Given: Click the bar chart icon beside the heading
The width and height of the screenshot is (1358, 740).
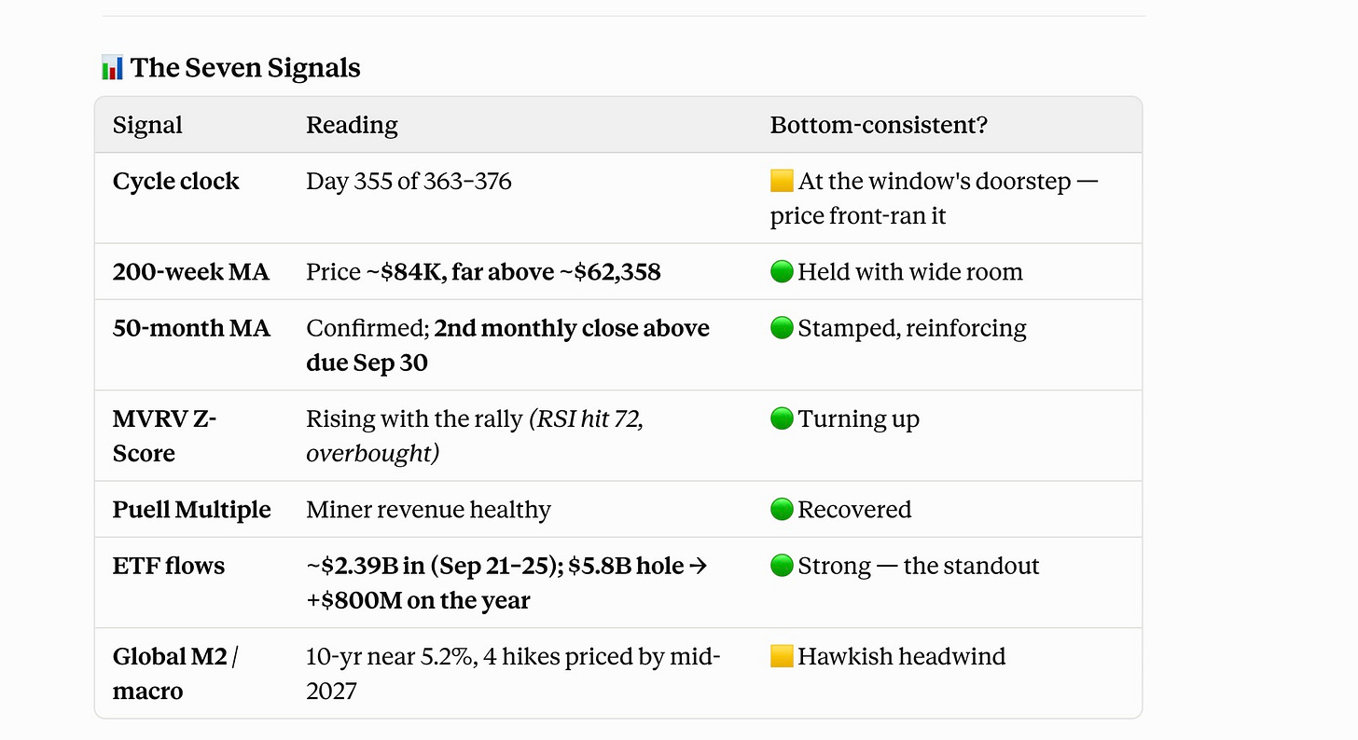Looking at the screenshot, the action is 112,67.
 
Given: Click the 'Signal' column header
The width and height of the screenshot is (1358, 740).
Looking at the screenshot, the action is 147,125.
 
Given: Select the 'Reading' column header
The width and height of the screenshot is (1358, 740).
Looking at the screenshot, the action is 352,125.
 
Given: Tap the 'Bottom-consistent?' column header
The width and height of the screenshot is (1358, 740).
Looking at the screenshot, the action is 879,125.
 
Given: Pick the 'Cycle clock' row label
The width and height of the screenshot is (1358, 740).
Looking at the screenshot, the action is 175,181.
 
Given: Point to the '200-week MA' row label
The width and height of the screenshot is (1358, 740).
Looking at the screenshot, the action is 191,272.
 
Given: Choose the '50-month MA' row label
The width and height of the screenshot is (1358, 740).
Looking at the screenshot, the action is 191,328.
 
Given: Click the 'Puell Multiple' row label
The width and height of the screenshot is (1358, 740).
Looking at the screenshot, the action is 191,510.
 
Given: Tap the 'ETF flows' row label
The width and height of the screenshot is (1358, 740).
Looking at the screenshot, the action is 169,566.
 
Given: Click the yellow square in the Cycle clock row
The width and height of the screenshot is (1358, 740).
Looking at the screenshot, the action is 782,181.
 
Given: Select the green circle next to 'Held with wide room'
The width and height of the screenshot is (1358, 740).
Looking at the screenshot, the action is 782,271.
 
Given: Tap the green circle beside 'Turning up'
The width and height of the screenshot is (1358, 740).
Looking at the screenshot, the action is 782,418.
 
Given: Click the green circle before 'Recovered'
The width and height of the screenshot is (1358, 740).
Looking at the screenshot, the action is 782,509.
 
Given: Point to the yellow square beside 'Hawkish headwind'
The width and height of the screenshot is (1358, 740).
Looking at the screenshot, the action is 782,656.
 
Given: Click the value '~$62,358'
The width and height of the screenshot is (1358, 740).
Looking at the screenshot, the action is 610,272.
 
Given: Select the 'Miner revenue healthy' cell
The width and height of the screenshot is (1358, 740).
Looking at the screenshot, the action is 429,510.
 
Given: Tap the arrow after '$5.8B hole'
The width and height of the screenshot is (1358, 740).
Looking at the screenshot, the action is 698,566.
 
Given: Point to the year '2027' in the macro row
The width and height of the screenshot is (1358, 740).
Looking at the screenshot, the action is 331,691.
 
